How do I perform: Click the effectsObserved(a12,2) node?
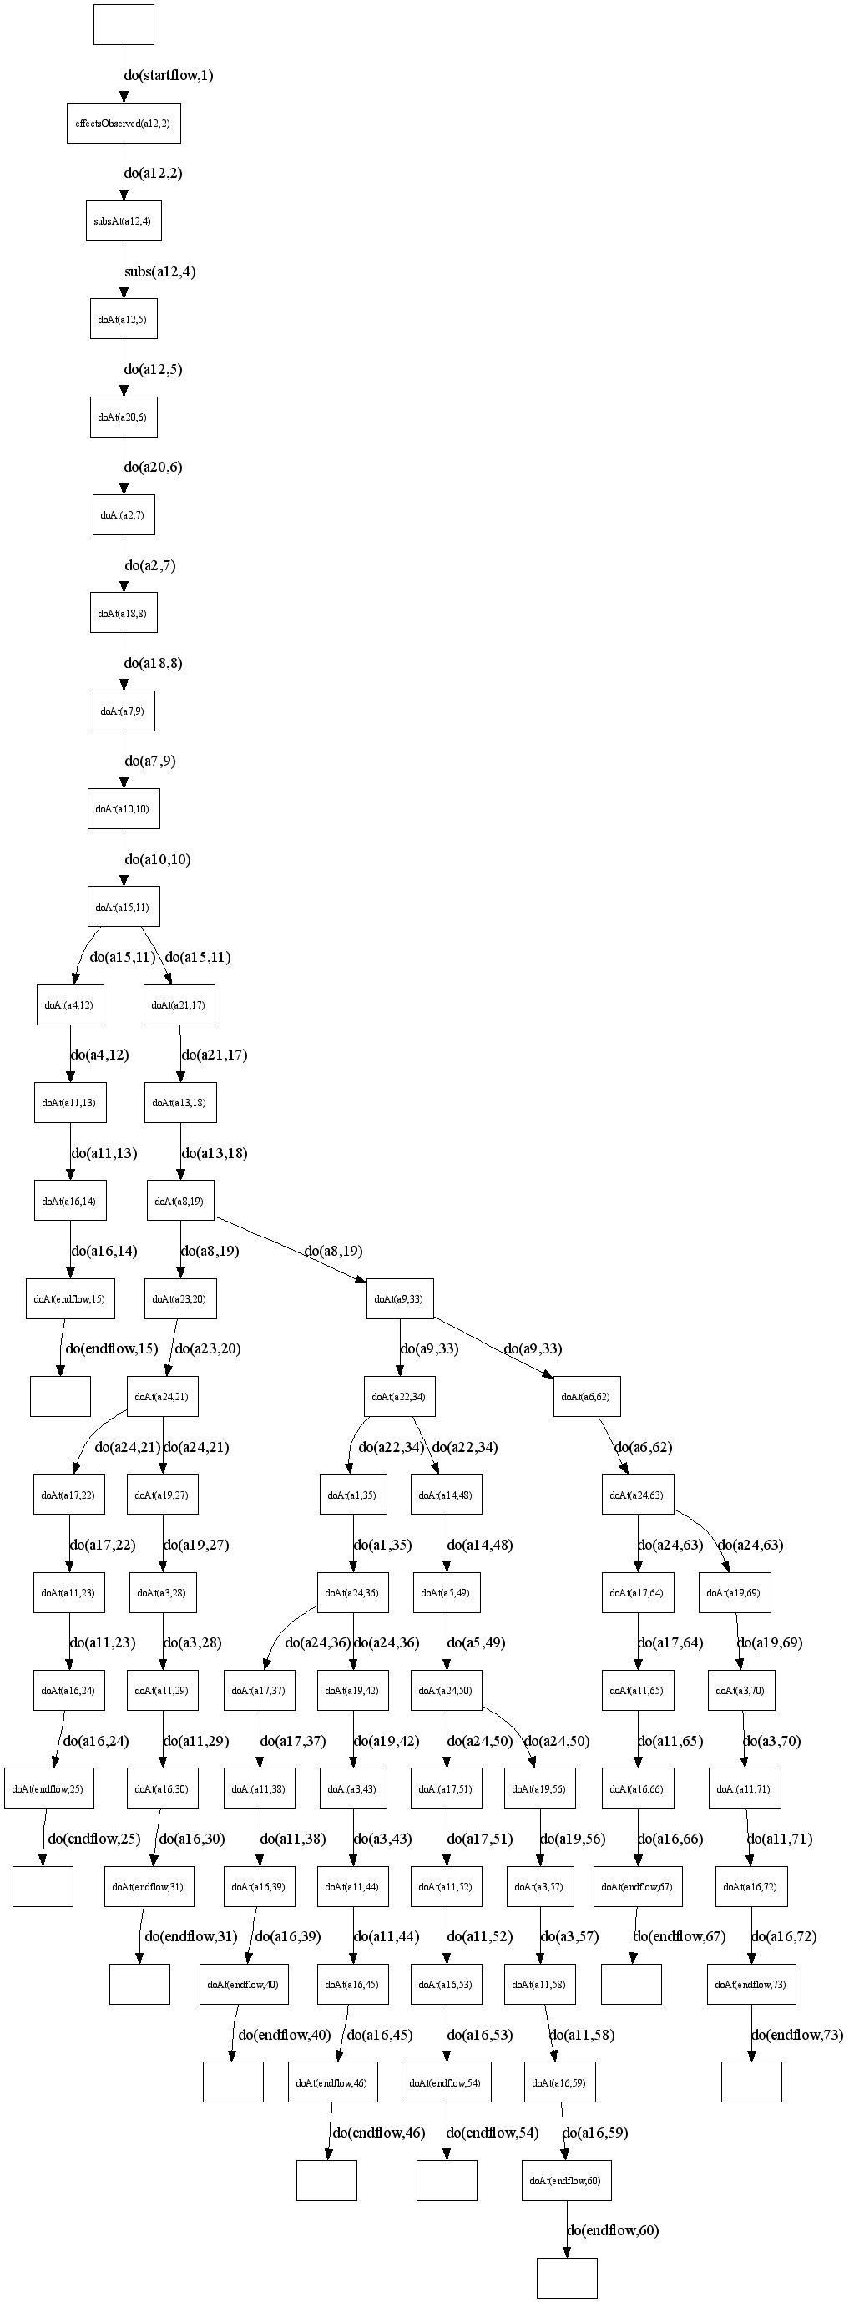[124, 124]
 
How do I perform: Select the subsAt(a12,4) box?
[124, 220]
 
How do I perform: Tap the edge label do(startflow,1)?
[169, 75]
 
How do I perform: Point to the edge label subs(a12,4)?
[160, 271]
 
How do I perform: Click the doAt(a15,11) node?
[124, 907]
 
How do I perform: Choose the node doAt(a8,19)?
[179, 1201]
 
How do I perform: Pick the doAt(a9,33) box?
[400, 1298]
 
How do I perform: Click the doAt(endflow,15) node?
[71, 1298]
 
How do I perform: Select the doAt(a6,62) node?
[586, 1397]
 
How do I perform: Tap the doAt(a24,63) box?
[637, 1495]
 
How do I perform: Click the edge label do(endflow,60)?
[613, 2230]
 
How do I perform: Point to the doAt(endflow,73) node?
[750, 1985]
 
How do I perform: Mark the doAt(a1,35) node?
[353, 1495]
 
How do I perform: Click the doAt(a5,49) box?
[446, 1592]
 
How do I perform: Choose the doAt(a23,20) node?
[179, 1298]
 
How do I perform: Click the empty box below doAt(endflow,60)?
[567, 2278]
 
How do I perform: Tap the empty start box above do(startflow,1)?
[124, 24]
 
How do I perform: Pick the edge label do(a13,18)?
[215, 1153]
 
